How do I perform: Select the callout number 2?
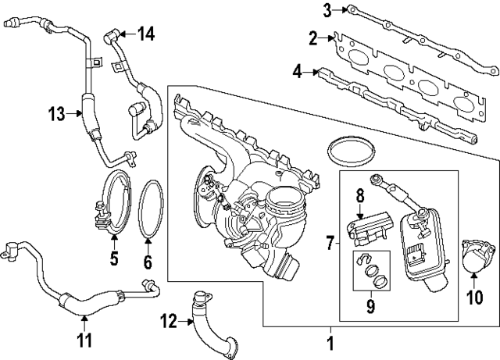(313, 37)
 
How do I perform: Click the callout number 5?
(113, 258)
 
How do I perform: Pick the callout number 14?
(146, 33)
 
